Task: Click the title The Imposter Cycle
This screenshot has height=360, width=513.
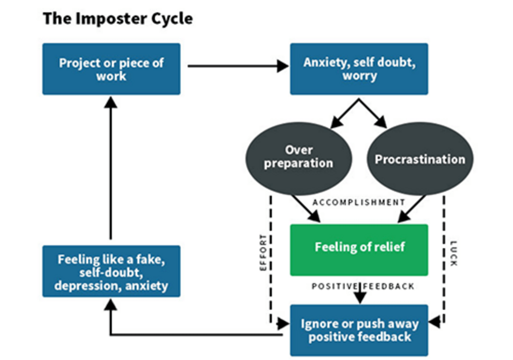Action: pos(117,19)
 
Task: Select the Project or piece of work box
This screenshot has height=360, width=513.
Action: pos(111,69)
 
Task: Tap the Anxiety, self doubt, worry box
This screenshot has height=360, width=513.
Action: pos(359,69)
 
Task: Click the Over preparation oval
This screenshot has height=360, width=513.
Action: pos(298,157)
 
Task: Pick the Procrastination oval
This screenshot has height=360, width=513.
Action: pos(420,159)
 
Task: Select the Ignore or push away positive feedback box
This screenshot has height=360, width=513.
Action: pos(359,330)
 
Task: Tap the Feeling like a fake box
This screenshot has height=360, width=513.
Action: pos(111,272)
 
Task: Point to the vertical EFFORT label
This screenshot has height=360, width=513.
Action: pos(264,252)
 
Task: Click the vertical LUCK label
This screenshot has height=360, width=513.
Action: pos(453,252)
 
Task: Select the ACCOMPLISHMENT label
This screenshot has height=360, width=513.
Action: pos(359,202)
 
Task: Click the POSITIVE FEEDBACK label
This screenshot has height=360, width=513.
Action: pos(363,286)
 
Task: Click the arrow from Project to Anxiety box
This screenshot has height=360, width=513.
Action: pos(235,66)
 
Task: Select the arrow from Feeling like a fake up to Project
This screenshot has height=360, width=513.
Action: pos(111,170)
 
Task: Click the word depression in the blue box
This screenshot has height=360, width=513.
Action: pos(83,285)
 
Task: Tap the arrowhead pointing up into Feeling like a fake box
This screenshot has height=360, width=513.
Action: pos(111,303)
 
